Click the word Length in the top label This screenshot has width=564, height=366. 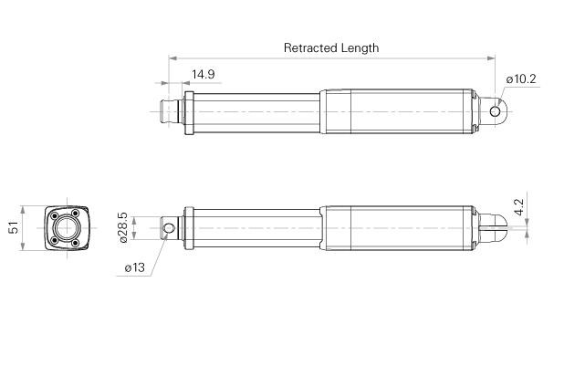pos(360,47)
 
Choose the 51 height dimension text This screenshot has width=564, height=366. pos(13,227)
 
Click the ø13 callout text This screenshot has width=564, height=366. pos(133,267)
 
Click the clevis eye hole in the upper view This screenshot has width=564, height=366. pos(496,111)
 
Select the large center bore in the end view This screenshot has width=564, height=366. pos(67,227)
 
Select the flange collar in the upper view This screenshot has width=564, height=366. pos(190,111)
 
